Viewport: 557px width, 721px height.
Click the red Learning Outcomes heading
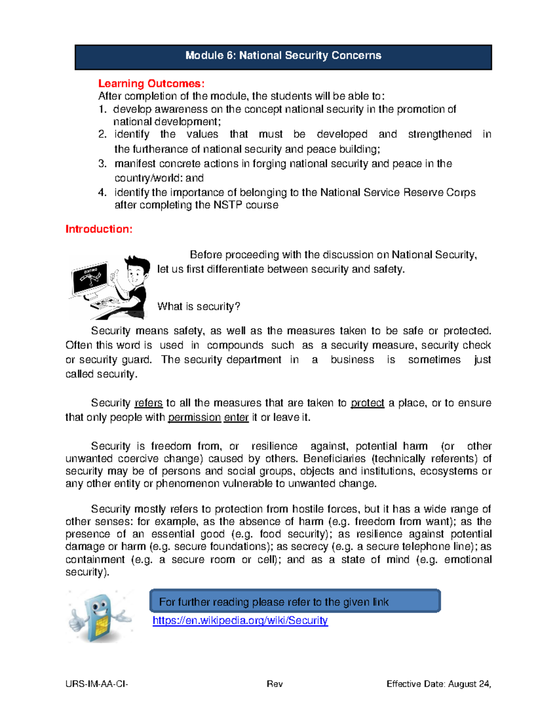[151, 84]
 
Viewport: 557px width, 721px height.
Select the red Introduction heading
[99, 229]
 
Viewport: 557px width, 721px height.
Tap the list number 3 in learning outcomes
[102, 164]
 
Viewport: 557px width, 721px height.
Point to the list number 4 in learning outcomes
[102, 193]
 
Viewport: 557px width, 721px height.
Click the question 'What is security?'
[199, 306]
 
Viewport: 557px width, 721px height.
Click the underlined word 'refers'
[149, 403]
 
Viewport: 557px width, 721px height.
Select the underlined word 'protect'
[367, 403]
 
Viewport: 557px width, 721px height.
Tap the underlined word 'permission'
[194, 417]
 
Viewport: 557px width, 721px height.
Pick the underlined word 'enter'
[236, 417]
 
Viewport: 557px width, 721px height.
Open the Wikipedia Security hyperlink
[240, 621]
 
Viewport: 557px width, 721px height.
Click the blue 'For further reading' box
[295, 602]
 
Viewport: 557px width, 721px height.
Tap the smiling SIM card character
[99, 616]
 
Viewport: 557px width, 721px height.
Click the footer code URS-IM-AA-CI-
[97, 684]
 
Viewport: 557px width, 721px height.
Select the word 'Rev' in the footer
[274, 684]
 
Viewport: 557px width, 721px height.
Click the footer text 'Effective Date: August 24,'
[439, 684]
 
